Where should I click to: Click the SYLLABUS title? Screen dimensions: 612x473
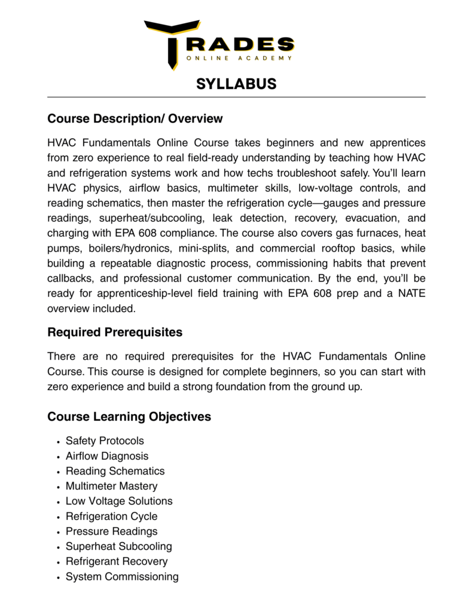pyautogui.click(x=236, y=84)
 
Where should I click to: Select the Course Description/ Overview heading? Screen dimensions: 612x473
pyautogui.click(x=135, y=119)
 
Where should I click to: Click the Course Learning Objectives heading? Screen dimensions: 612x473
pyautogui.click(x=129, y=417)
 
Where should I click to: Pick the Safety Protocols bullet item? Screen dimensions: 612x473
pyautogui.click(x=105, y=441)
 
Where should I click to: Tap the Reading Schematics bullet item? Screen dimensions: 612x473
pyautogui.click(x=115, y=471)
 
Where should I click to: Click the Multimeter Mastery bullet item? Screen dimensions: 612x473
pyautogui.click(x=111, y=486)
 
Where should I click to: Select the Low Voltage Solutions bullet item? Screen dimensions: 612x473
pyautogui.click(x=119, y=501)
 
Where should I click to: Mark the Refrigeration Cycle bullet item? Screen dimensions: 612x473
pyautogui.click(x=111, y=516)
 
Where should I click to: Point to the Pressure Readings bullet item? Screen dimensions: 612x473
pyautogui.click(x=111, y=531)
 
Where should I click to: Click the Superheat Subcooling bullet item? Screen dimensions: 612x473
pyautogui.click(x=118, y=546)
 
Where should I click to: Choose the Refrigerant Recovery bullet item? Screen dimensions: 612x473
pyautogui.click(x=117, y=561)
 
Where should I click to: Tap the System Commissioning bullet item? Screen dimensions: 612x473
pyautogui.click(x=122, y=577)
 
